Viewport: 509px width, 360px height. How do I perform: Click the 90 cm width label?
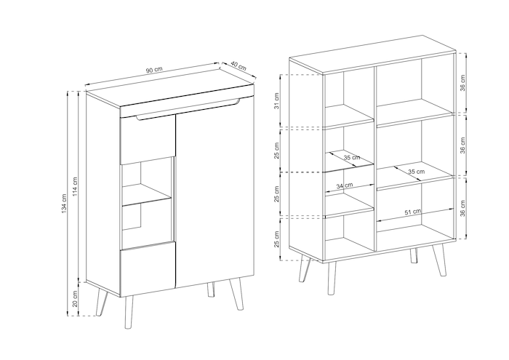(154, 70)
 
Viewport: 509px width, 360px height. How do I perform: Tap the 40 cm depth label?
(239, 66)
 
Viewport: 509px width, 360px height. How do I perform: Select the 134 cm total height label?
(64, 204)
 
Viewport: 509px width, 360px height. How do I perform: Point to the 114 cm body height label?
(75, 187)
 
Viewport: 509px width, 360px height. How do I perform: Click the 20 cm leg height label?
(75, 299)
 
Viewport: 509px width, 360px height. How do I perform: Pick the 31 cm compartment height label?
(276, 101)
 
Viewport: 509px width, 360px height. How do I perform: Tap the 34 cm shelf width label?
(345, 186)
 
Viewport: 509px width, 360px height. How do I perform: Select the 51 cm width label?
(413, 212)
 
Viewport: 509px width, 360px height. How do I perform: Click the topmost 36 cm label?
(462, 83)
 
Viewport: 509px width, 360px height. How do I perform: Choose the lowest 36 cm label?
(462, 208)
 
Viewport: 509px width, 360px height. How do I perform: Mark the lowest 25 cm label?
(276, 239)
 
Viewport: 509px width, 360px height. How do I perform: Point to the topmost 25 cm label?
(276, 151)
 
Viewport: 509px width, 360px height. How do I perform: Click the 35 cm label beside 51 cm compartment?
(417, 171)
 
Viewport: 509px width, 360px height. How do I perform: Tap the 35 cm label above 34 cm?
(352, 157)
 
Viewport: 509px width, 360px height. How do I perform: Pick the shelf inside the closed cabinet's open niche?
(146, 196)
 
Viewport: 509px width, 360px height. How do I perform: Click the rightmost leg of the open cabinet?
(439, 260)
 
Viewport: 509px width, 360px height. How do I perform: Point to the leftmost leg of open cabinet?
(305, 268)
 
